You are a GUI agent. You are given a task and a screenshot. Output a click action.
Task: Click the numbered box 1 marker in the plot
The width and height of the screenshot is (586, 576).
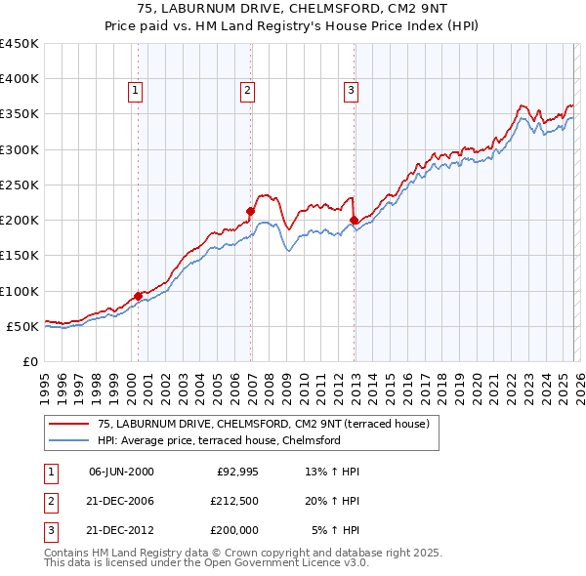[135, 91]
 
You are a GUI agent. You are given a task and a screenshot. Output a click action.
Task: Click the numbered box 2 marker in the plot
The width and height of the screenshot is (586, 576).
[248, 91]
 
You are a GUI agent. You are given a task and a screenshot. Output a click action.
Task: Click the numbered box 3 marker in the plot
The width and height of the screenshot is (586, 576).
[351, 91]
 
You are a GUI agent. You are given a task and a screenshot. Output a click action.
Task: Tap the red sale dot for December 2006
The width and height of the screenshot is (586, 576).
[251, 211]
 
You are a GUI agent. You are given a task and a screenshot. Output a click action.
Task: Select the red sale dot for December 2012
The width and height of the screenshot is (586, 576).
[354, 220]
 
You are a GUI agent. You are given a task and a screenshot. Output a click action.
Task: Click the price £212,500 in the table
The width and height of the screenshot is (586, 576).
[233, 501]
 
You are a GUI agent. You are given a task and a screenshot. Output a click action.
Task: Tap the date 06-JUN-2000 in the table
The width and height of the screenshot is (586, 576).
[121, 472]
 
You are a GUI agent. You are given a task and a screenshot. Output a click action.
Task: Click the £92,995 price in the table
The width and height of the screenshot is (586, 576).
[236, 472]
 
